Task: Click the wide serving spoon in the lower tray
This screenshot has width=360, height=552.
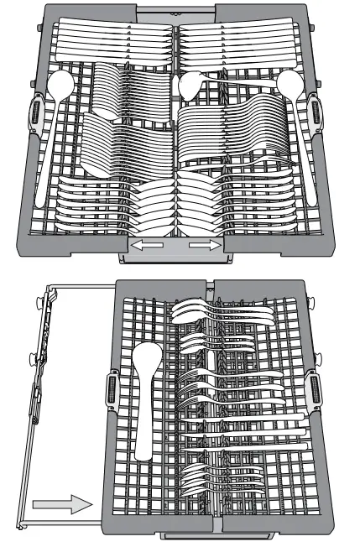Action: click(145, 394)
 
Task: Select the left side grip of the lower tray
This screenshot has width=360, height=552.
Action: click(111, 390)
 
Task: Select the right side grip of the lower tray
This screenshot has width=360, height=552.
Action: click(315, 390)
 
